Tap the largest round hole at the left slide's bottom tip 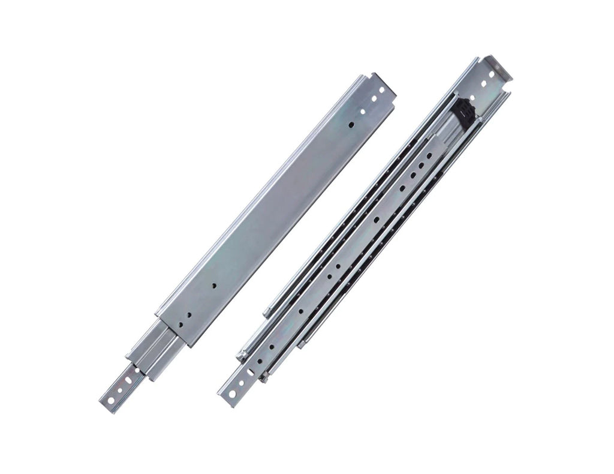[112, 399]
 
